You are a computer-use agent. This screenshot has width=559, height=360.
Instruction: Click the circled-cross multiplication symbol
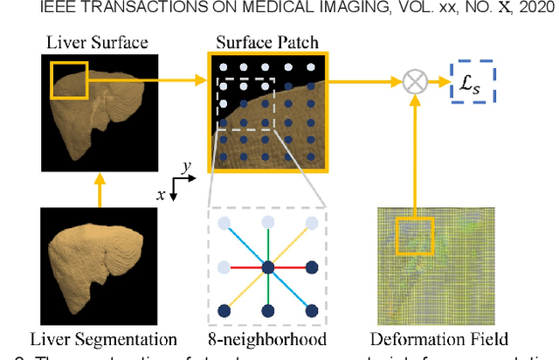(413, 82)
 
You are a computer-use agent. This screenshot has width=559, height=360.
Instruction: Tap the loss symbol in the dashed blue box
(472, 82)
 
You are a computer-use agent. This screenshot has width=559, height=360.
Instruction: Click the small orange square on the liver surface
(68, 80)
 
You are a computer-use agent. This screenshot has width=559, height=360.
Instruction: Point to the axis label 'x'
(161, 195)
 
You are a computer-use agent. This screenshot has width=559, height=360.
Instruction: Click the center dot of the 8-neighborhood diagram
(268, 267)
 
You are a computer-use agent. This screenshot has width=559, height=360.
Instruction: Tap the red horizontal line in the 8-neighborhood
(247, 267)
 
